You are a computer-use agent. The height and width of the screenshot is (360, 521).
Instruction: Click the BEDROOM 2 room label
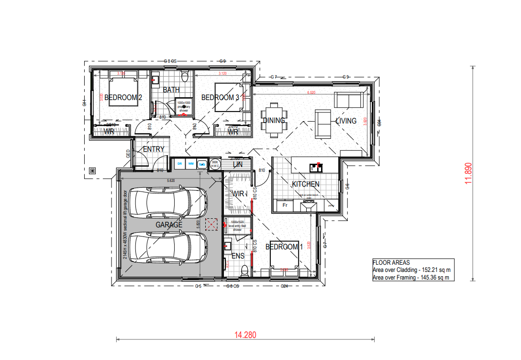pyautogui.click(x=123, y=98)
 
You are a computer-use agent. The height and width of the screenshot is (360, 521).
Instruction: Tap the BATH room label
pyautogui.click(x=171, y=90)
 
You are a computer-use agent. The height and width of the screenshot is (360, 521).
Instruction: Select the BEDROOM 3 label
pyautogui.click(x=220, y=98)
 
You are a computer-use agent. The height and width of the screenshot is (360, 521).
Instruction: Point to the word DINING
pyautogui.click(x=274, y=121)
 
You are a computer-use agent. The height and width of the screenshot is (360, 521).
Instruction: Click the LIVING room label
pyautogui.click(x=346, y=121)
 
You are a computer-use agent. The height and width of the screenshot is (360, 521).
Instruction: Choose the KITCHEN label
pyautogui.click(x=306, y=184)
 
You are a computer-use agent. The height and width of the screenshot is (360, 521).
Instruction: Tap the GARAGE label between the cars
pyautogui.click(x=169, y=225)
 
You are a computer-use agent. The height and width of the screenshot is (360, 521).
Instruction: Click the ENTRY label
pyautogui.click(x=154, y=149)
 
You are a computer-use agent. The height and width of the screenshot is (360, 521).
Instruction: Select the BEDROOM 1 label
pyautogui.click(x=284, y=247)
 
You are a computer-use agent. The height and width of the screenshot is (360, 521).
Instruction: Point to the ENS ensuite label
pyautogui.click(x=238, y=256)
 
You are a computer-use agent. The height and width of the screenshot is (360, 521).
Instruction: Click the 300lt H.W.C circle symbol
pyautogui.click(x=215, y=164)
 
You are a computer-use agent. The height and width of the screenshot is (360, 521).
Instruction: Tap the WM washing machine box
pyautogui.click(x=191, y=164)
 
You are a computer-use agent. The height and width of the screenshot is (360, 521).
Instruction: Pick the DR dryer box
pyautogui.click(x=180, y=164)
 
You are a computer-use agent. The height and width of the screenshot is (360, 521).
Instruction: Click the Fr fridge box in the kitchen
pyautogui.click(x=285, y=205)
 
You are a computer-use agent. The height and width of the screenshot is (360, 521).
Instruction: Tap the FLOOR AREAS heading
pyautogui.click(x=391, y=262)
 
